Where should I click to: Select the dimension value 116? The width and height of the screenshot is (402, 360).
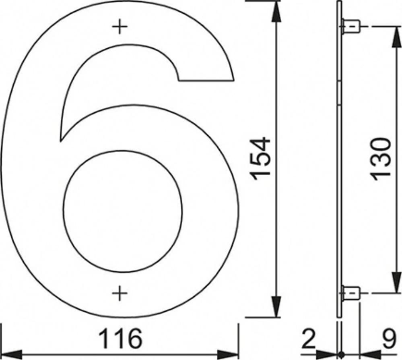click(x=120, y=338)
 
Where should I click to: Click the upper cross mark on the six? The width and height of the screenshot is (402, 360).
click(x=120, y=27)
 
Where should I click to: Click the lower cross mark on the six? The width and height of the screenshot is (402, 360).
click(x=120, y=293)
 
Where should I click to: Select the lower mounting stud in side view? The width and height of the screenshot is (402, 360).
click(x=351, y=293)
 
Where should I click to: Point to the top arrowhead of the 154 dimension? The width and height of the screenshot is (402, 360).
click(x=276, y=12)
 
